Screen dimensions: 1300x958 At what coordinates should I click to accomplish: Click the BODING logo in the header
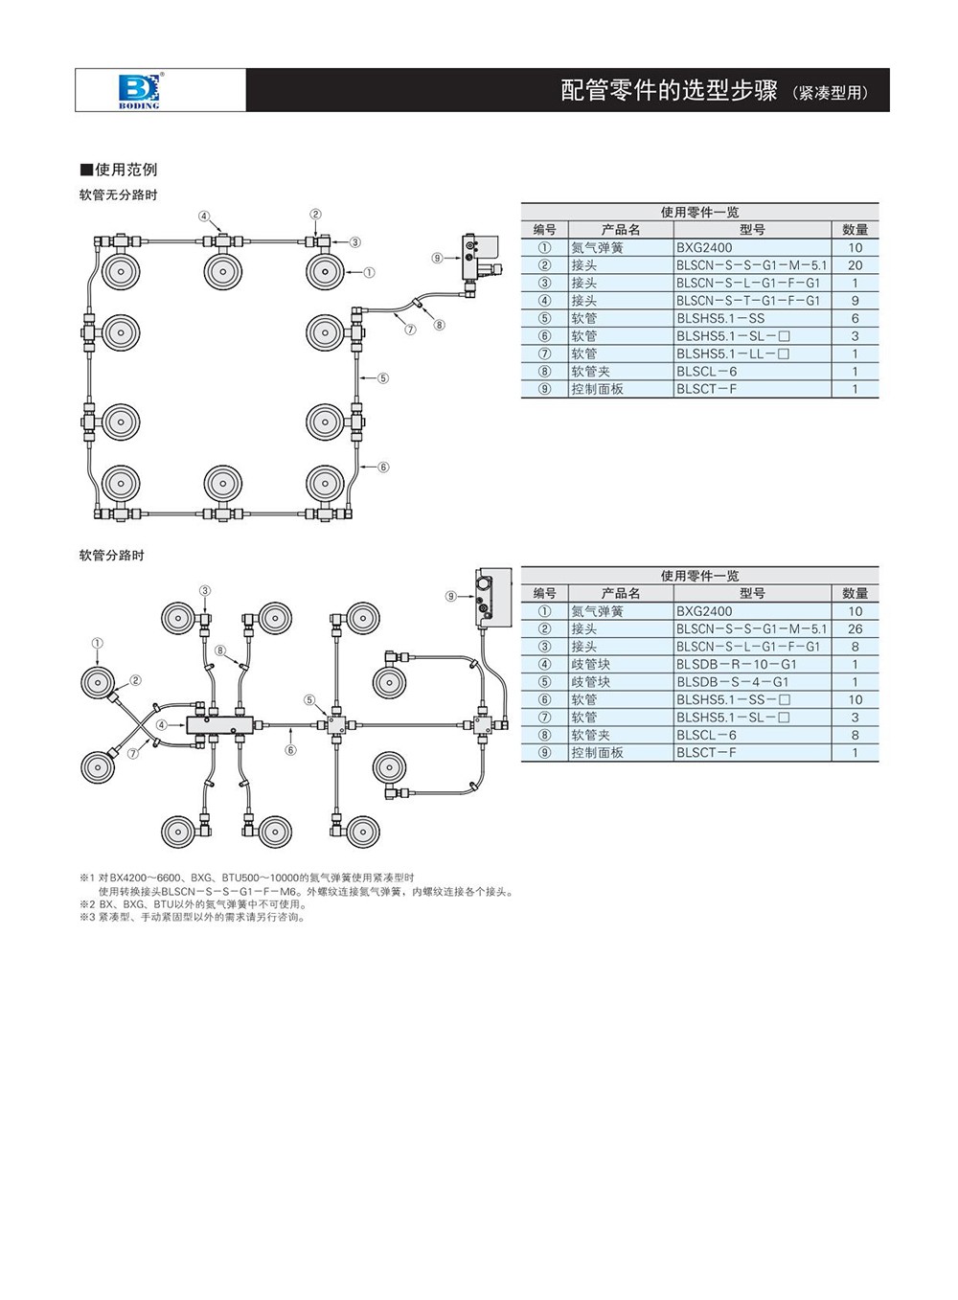pos(140,90)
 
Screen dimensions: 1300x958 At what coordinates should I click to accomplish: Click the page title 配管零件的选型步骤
pos(668,91)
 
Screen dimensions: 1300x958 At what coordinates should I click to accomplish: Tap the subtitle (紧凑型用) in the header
pos(830,93)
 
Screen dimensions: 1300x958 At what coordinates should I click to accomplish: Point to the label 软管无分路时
pos(118,194)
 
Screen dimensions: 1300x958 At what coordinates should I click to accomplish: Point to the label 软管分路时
pos(111,555)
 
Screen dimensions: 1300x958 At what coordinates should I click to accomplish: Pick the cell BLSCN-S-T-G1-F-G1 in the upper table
pos(748,301)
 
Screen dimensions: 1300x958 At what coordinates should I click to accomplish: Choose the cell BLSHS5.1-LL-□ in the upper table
pos(733,354)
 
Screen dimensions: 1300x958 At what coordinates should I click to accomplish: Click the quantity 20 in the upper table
pos(855,265)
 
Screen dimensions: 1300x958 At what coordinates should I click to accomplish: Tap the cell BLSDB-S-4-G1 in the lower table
pos(732,682)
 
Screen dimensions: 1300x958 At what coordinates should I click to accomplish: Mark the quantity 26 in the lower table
pos(855,629)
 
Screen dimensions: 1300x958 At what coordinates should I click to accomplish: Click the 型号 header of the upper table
pos(752,230)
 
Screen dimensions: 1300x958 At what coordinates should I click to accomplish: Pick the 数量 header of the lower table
pos(855,593)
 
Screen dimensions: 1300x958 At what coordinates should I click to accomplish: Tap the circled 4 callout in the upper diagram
pos(204,217)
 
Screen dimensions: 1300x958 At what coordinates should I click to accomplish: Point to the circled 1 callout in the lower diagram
pos(98,644)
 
